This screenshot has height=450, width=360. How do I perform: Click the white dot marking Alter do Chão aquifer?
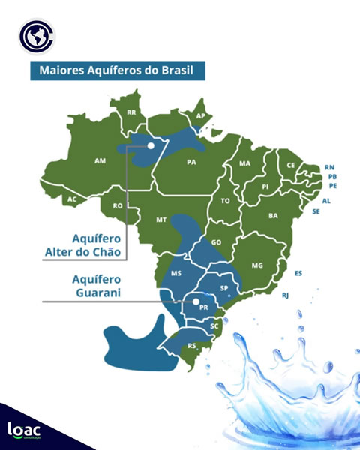[151, 145]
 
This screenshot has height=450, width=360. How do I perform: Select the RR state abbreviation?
[132, 112]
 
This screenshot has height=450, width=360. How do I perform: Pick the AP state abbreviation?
[200, 116]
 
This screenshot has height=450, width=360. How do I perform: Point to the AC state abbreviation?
[72, 199]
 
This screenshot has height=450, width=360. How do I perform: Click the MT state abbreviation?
[160, 220]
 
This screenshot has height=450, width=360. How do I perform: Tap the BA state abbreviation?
[273, 216]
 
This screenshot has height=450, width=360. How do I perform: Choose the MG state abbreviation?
[257, 265]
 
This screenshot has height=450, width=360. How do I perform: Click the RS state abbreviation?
[192, 346]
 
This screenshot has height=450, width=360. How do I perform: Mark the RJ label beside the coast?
[286, 296]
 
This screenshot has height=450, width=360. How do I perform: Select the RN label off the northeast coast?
[330, 167]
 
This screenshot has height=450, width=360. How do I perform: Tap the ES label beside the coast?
[298, 273]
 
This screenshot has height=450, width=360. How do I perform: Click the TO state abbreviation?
[225, 201]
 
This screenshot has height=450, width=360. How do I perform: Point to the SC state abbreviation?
[214, 325]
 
